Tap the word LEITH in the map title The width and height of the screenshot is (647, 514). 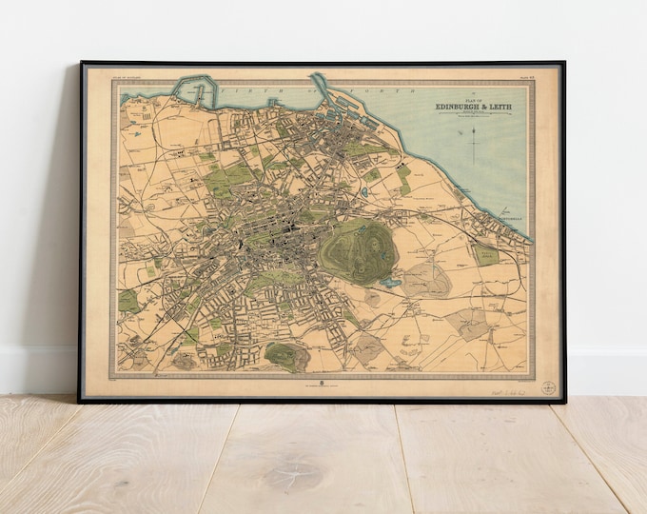pyautogui.click(x=498, y=107)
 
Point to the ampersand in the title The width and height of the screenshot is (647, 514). pyautogui.click(x=481, y=107)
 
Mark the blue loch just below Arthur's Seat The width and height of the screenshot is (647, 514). pyautogui.click(x=391, y=282)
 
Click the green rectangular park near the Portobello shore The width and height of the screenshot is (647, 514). pyautogui.click(x=486, y=253)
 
